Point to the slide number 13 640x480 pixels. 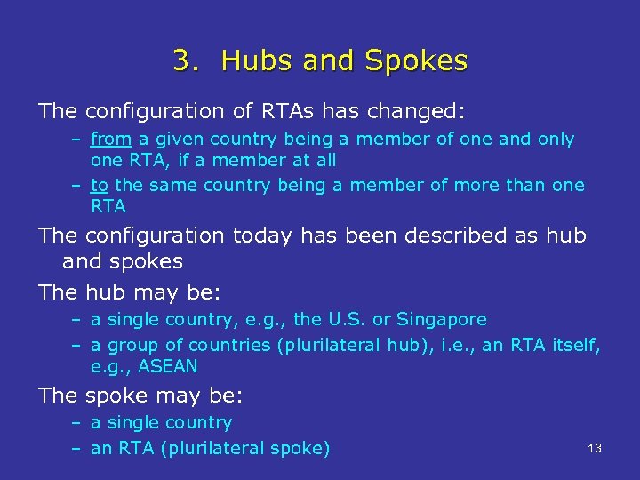[x=595, y=449]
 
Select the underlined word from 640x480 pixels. [x=111, y=139]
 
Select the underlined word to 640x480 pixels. [x=100, y=185]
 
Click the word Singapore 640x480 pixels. [x=442, y=319]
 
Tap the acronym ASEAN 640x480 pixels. [x=169, y=365]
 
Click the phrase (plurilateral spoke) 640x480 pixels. [x=243, y=448]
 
